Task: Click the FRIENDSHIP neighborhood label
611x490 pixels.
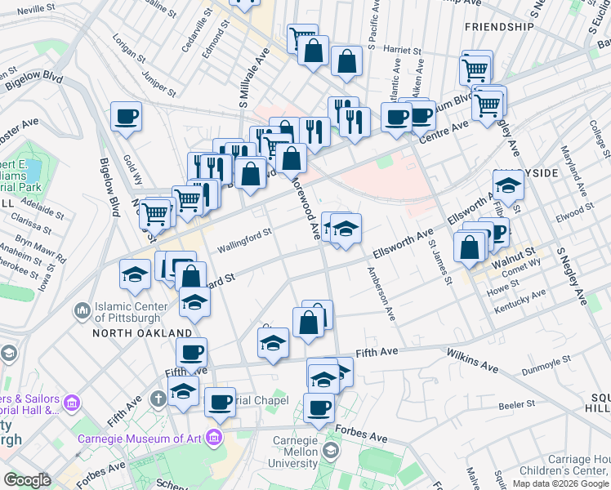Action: point(498,27)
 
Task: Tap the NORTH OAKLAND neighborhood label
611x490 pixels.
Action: point(142,333)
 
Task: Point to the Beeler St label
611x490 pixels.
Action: point(516,403)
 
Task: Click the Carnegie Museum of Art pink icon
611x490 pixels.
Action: point(216,437)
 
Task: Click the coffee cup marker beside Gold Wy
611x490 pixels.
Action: point(126,117)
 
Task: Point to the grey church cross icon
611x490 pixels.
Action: point(158,399)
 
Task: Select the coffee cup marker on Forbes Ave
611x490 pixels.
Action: point(319,407)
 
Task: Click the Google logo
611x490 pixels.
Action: point(27,480)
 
